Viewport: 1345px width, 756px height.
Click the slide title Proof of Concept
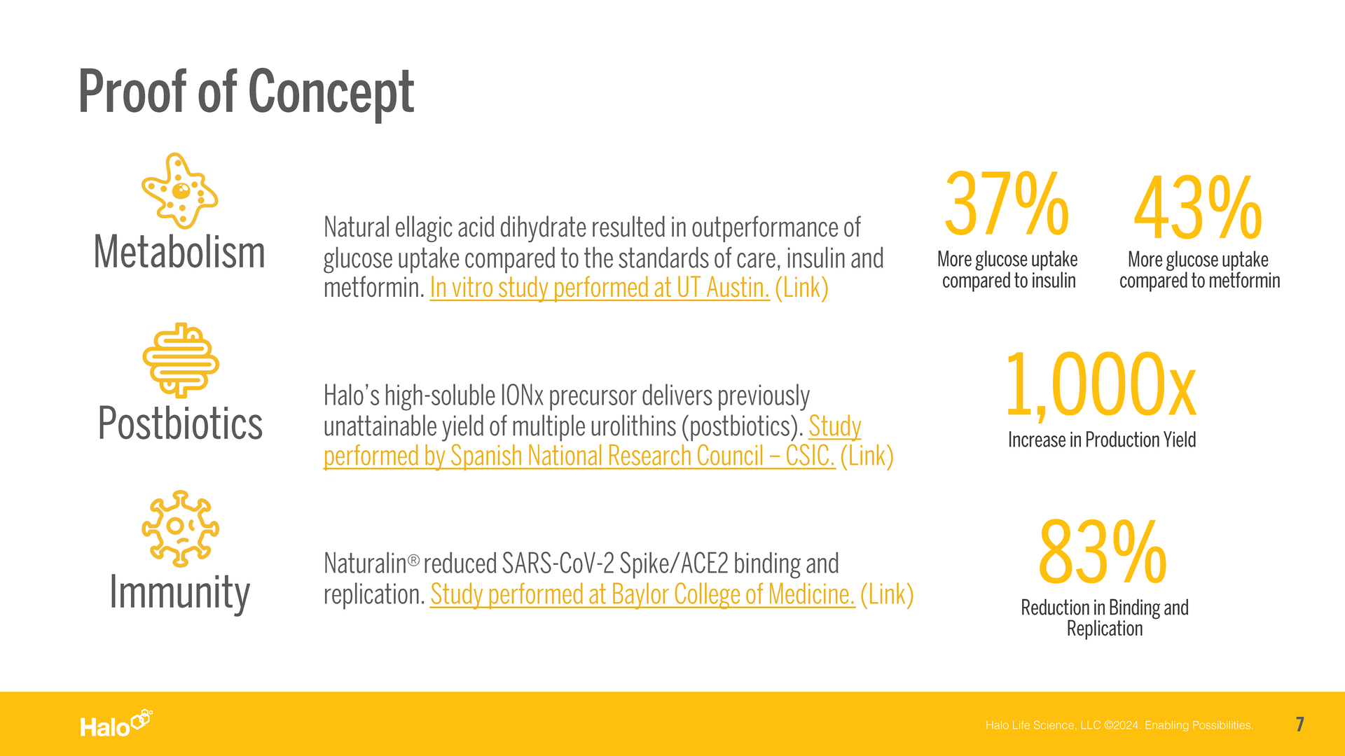click(x=246, y=92)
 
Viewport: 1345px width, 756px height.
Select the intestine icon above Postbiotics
click(x=181, y=360)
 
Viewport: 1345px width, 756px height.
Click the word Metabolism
click(x=179, y=252)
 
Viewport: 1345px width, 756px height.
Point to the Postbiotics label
click(x=180, y=423)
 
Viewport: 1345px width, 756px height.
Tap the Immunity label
click(x=179, y=593)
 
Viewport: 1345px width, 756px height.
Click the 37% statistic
click(x=1007, y=204)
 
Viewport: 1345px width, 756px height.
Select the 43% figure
click(x=1198, y=208)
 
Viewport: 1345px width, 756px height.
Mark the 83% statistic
click(x=1103, y=552)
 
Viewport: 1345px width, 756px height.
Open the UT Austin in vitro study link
click(x=600, y=288)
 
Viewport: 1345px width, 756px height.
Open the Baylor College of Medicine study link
click(x=642, y=594)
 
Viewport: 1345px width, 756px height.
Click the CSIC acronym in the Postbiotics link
click(x=811, y=456)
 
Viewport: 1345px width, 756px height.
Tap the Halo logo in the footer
click(x=116, y=724)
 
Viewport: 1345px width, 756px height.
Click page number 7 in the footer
click(x=1300, y=724)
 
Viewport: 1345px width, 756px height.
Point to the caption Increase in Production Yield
click(x=1102, y=440)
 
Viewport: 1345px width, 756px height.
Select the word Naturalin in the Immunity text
click(x=365, y=563)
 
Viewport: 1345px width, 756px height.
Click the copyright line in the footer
click(x=1119, y=725)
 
